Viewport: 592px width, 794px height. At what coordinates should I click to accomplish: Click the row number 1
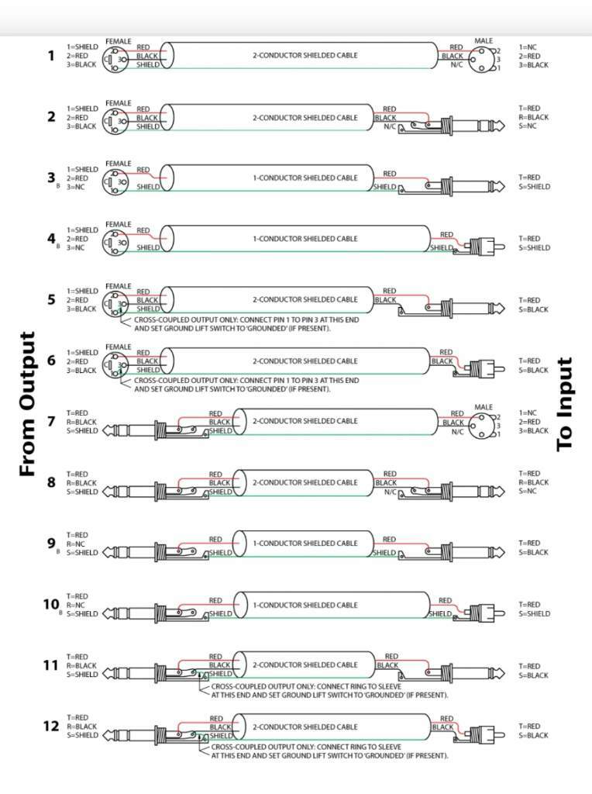(x=51, y=56)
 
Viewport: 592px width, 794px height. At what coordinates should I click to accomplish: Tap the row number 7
(x=51, y=421)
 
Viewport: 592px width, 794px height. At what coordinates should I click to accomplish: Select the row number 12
(x=51, y=726)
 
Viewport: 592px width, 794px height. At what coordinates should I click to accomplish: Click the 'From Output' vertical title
(x=28, y=404)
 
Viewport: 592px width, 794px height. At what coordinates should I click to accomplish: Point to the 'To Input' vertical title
(x=565, y=404)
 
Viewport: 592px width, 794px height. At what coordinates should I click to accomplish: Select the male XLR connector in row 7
(x=483, y=423)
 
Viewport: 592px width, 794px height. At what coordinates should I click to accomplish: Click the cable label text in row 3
(x=305, y=178)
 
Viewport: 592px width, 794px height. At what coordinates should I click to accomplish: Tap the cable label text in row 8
(x=305, y=483)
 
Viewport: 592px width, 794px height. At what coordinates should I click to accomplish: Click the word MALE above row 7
(x=483, y=407)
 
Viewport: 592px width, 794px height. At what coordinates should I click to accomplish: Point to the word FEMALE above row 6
(x=119, y=347)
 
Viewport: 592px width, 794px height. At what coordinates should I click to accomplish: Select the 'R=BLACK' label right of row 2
(x=534, y=117)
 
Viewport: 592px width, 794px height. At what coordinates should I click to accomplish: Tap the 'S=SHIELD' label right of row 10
(x=535, y=613)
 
